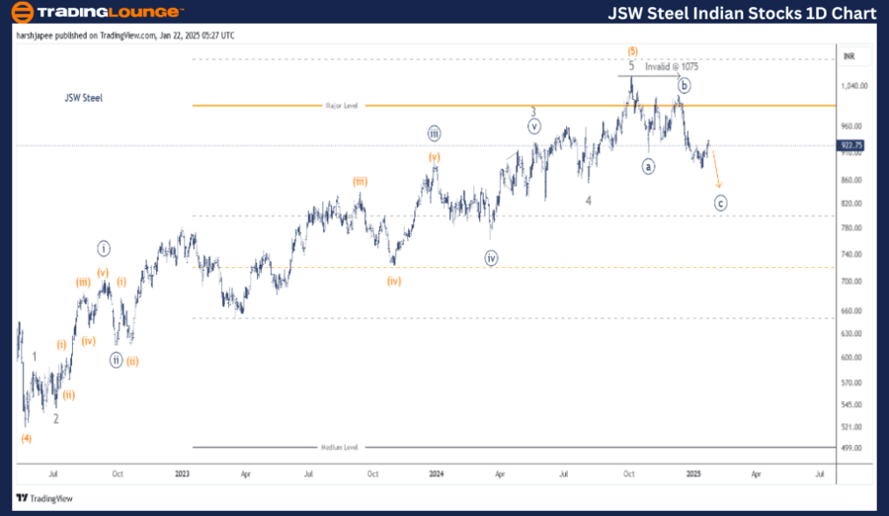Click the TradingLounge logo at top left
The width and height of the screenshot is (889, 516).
click(x=98, y=12)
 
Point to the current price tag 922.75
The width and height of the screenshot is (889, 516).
click(x=851, y=145)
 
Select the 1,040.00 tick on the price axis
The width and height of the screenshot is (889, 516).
click(x=854, y=86)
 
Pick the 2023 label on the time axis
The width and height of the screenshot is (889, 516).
click(x=183, y=473)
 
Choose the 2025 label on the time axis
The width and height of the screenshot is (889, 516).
click(x=693, y=473)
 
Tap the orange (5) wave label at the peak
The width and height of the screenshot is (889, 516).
click(x=631, y=51)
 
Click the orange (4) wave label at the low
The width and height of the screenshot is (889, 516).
click(x=27, y=438)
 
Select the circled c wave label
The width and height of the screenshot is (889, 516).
click(x=721, y=203)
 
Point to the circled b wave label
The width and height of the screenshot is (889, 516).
click(x=685, y=86)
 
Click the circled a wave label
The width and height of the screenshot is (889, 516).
click(x=648, y=166)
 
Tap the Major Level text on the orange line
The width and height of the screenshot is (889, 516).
click(x=339, y=105)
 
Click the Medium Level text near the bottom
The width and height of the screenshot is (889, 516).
click(x=339, y=447)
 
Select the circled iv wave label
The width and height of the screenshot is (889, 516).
click(x=491, y=258)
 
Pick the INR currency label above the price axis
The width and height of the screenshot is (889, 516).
click(x=848, y=56)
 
